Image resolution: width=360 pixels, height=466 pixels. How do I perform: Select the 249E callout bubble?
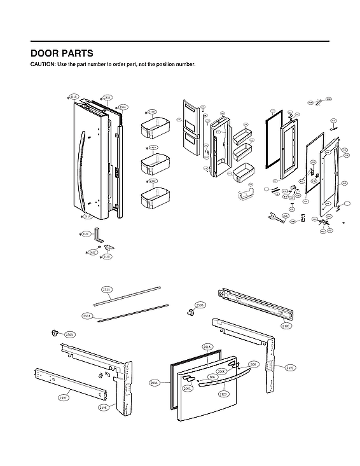tap(286, 326)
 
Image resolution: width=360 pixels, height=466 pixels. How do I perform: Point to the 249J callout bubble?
tap(289, 367)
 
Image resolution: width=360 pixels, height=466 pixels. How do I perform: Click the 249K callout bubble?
tap(103, 407)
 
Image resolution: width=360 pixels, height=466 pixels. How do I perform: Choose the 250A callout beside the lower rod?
tap(88, 315)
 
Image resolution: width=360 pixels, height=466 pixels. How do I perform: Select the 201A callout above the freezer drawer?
tap(207, 346)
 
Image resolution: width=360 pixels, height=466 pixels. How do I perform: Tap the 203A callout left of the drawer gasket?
tap(155, 383)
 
